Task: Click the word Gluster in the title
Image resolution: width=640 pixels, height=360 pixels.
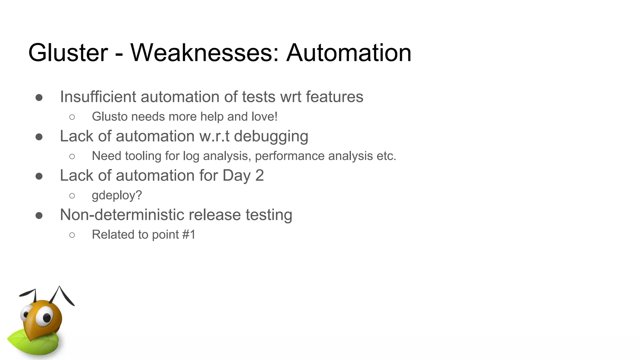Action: [x=68, y=52]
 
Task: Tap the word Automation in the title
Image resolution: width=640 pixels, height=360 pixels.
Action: [x=349, y=52]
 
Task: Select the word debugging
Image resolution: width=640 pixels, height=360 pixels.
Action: [x=271, y=137]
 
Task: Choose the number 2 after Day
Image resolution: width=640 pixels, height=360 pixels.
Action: [x=259, y=175]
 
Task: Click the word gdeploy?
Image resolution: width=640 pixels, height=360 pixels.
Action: [x=117, y=196]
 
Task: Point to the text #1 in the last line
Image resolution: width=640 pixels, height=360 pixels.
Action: [x=189, y=234]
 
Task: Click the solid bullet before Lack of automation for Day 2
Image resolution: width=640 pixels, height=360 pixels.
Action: [x=39, y=176]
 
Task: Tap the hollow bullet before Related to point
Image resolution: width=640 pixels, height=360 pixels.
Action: [x=72, y=235]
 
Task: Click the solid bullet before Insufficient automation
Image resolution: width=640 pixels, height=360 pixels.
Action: [x=39, y=97]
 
